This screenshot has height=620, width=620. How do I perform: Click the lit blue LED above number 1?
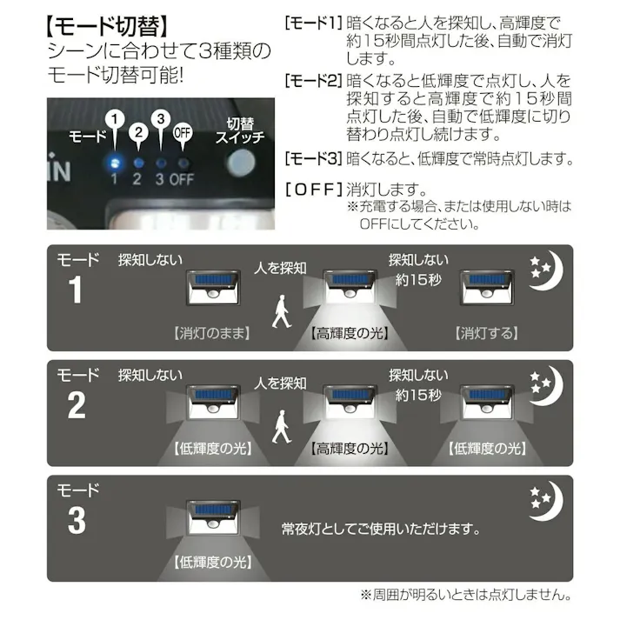tap(114, 162)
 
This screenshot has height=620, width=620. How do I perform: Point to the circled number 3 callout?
tap(159, 120)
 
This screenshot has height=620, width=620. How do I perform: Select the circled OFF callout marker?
tap(183, 133)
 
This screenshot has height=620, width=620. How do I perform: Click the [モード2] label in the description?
tap(313, 81)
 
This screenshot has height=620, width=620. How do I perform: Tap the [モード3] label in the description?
tap(313, 159)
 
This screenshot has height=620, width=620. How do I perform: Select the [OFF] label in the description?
tap(313, 189)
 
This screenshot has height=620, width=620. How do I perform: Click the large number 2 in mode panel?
tap(77, 405)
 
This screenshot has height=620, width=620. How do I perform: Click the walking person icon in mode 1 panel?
tap(280, 311)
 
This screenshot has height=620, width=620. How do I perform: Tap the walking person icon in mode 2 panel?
tap(280, 427)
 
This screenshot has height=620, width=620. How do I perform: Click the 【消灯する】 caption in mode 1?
tap(487, 333)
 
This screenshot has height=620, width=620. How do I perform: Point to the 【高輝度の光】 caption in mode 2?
tap(348, 449)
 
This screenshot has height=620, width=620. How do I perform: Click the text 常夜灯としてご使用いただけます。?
tap(381, 528)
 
